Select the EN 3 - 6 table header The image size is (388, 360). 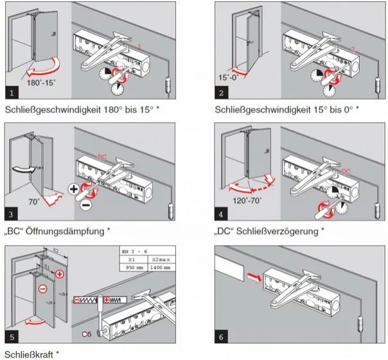point(133,251)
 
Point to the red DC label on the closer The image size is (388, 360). point(346,171)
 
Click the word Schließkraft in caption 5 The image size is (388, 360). point(32,354)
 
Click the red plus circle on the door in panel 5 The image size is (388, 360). point(60,275)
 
